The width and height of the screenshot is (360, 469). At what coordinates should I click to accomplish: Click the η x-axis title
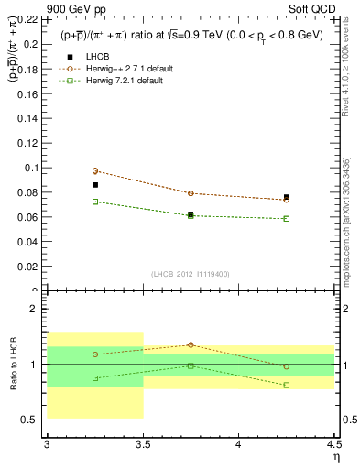tap(335, 456)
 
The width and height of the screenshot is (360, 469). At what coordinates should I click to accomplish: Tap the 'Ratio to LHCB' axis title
tap(13, 365)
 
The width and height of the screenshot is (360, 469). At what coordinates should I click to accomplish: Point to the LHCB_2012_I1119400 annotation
tap(191, 274)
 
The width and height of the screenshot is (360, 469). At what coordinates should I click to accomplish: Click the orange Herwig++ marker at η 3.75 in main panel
tap(191, 193)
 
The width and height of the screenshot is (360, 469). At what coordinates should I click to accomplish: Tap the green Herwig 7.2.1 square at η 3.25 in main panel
tap(94, 202)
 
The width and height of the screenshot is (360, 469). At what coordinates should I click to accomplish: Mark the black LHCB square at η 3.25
tap(94, 185)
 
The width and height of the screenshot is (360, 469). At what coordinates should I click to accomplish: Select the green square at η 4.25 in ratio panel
tap(287, 385)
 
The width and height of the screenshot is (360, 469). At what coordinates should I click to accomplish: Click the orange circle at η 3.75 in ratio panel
tap(191, 344)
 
